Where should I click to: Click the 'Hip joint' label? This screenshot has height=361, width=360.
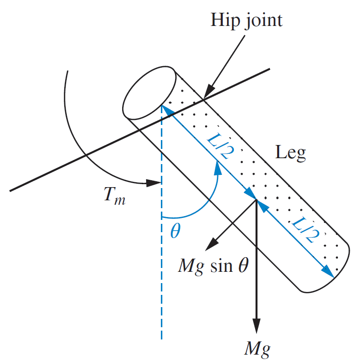click(x=247, y=20)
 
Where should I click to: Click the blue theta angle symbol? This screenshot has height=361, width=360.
click(x=175, y=230)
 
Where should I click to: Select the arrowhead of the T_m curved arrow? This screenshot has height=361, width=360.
click(x=155, y=184)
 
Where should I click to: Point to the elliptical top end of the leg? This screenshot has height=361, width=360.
click(x=150, y=94)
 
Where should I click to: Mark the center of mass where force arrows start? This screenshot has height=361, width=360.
click(x=257, y=200)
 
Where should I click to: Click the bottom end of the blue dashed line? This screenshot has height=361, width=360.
click(x=161, y=338)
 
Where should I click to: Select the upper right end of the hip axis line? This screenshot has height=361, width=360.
click(x=270, y=70)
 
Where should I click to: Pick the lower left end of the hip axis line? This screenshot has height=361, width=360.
click(x=10, y=191)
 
